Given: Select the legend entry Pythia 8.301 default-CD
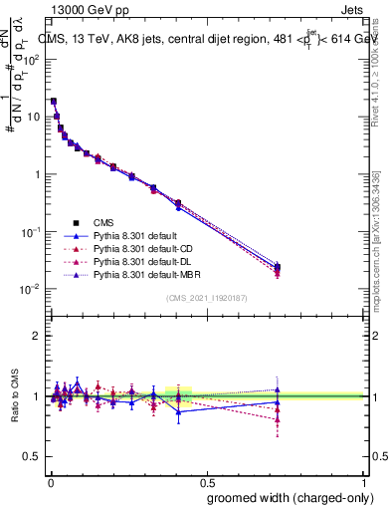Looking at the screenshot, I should [145, 248].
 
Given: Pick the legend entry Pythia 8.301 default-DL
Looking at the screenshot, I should [145, 260].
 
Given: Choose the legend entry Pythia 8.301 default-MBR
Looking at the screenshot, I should [148, 272].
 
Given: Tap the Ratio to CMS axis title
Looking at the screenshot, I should [14, 396].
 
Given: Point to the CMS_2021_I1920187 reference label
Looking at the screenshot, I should [206, 299].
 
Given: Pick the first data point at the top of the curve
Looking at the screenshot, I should [53, 101].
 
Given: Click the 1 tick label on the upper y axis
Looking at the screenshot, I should [35, 174].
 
